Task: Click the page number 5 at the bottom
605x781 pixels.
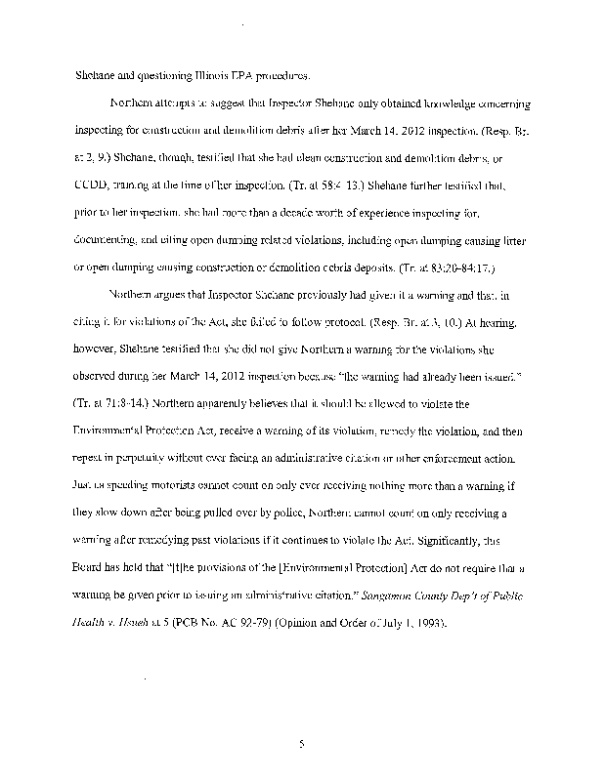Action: [303, 744]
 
